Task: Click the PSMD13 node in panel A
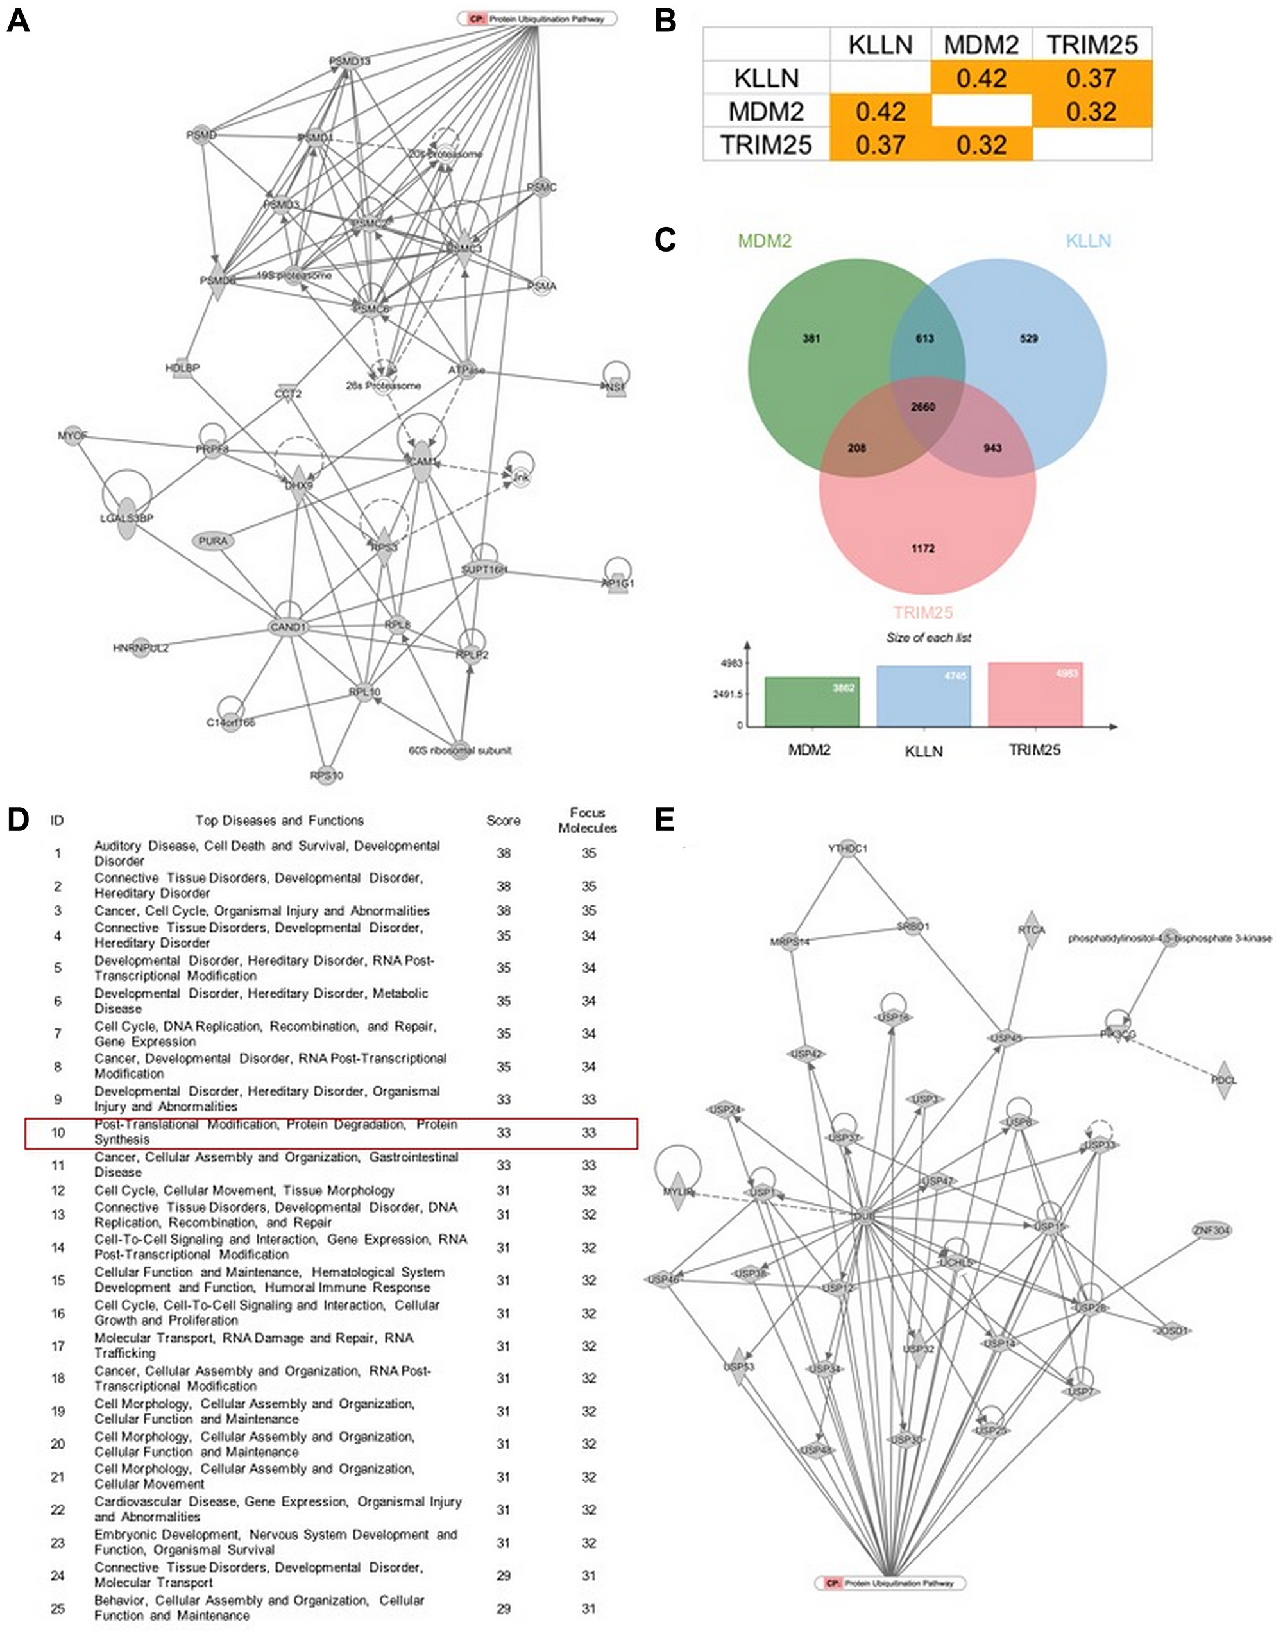click(350, 61)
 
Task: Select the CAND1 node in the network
click(289, 627)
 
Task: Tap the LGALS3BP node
click(127, 518)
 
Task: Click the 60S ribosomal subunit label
click(460, 750)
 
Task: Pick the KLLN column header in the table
click(879, 45)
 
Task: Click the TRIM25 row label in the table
click(765, 144)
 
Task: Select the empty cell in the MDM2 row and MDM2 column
click(981, 112)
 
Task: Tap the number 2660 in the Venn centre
click(923, 407)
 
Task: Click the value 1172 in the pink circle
click(923, 549)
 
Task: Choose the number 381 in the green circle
click(811, 338)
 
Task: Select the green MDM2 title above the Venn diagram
click(765, 241)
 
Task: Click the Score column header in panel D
click(504, 821)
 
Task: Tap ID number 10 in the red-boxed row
click(58, 1132)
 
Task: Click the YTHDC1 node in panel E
click(847, 848)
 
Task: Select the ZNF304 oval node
click(1212, 1231)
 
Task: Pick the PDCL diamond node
click(1223, 1080)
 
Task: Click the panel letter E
click(665, 821)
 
